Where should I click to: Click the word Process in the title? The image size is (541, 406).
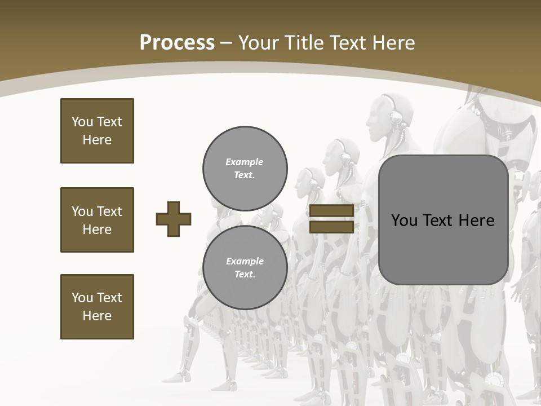tap(177, 43)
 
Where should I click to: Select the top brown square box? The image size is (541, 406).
tap(97, 131)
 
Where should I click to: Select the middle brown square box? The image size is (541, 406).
tap(97, 220)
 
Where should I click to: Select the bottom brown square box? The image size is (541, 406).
tap(97, 307)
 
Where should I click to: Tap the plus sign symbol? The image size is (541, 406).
tap(174, 219)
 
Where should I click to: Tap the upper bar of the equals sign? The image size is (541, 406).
tap(331, 211)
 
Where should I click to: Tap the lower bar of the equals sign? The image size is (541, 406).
tap(331, 227)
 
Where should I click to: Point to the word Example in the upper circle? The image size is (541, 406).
tap(245, 162)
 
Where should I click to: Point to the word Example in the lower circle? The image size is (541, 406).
tap(245, 261)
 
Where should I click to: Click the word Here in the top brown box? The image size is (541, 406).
tap(97, 140)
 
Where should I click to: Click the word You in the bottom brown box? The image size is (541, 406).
tap(82, 298)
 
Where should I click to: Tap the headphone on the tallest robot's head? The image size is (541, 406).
tap(397, 117)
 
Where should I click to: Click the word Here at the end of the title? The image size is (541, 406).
tap(393, 43)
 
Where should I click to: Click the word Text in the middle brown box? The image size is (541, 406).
tap(110, 211)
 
